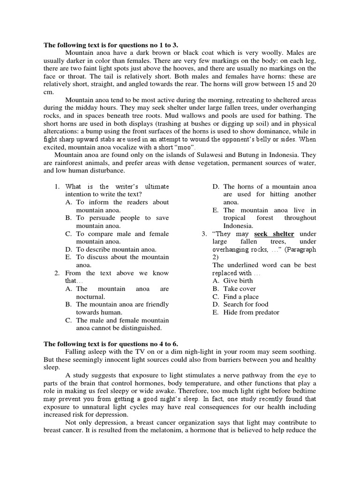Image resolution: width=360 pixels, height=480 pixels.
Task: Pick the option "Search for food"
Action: (x=246, y=304)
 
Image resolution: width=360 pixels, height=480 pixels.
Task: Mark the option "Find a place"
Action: (x=240, y=297)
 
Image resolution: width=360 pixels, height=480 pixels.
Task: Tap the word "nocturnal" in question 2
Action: (x=91, y=297)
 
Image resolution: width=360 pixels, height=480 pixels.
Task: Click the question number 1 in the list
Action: (x=57, y=187)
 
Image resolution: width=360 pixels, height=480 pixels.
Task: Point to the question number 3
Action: (x=204, y=233)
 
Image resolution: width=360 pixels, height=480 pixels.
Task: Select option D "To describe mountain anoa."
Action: (x=116, y=249)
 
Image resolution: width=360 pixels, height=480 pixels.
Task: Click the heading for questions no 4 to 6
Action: (x=111, y=344)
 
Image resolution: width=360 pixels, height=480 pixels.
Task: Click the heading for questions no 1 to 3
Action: (x=111, y=45)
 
